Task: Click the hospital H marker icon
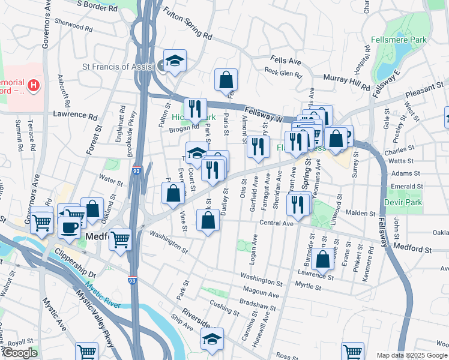point(34,86)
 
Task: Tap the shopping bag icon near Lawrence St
point(323,259)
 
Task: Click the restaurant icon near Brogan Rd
point(194,108)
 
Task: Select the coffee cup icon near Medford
point(70,226)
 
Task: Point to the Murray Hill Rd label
point(346,82)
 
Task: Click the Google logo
point(20,353)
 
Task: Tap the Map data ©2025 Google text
point(412,355)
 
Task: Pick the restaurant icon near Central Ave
point(298,205)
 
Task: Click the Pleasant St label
point(423,89)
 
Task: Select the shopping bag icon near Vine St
point(173,193)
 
